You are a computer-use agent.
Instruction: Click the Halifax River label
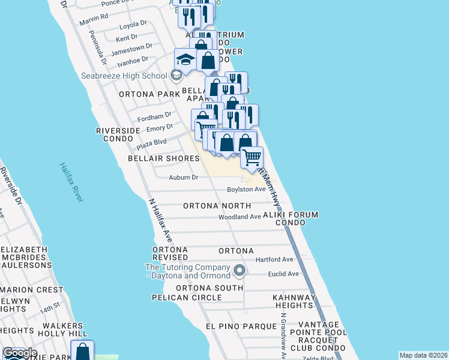pos(71,182)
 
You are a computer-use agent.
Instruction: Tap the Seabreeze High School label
pos(124,76)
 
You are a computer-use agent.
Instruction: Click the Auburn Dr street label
pos(183,177)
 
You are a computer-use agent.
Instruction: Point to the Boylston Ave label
pos(246,190)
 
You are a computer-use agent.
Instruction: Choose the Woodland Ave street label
pos(240,217)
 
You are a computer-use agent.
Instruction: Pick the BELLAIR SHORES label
pos(163,158)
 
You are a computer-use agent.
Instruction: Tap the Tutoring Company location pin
pos(240,271)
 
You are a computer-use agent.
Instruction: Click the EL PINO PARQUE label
pos(231,326)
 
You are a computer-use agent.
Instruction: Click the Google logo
pos(20,353)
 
